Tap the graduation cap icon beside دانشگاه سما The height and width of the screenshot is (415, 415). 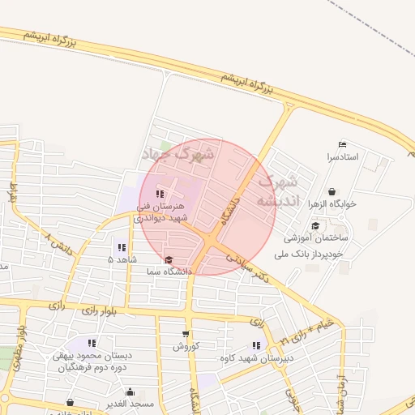(x=169, y=260)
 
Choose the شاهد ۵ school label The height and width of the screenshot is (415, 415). (x=122, y=259)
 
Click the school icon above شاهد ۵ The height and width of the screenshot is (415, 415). (x=122, y=247)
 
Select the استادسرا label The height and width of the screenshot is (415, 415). (x=343, y=156)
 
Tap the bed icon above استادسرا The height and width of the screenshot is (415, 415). (x=342, y=144)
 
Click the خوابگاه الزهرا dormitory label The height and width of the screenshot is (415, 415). (x=333, y=204)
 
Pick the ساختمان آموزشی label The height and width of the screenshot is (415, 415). (x=316, y=239)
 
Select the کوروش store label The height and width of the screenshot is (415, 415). (x=185, y=346)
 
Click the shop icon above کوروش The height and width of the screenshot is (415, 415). (x=186, y=334)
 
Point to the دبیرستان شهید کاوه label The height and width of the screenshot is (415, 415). (x=256, y=357)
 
